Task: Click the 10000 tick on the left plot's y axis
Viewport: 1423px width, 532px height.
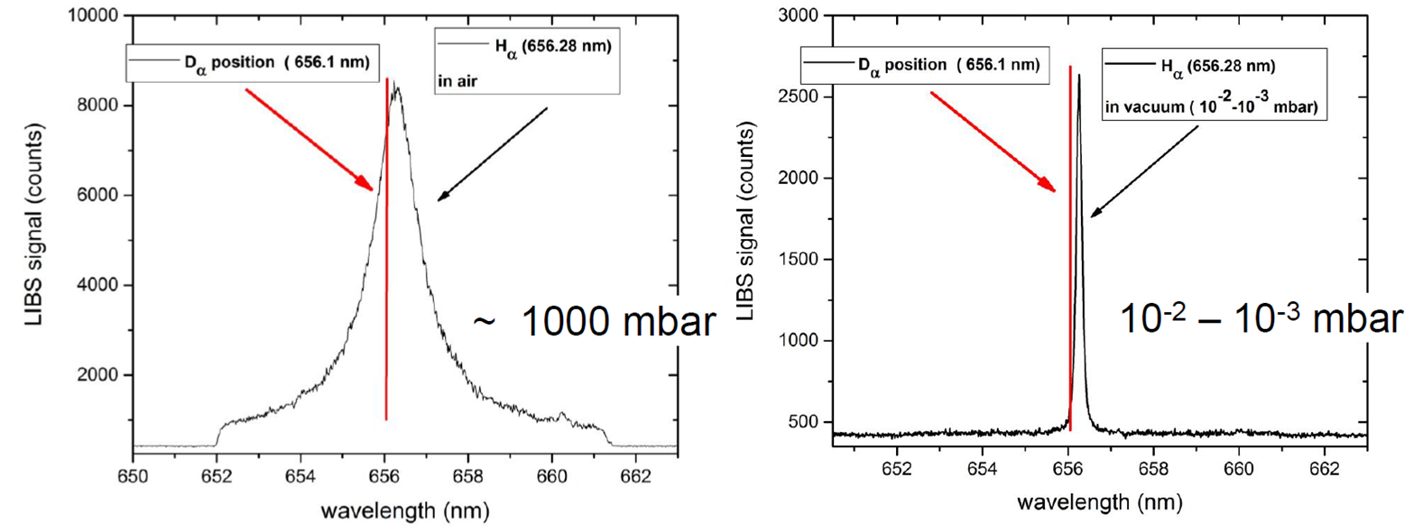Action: (x=93, y=15)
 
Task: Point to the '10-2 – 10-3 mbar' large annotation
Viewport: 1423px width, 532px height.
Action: (x=1261, y=319)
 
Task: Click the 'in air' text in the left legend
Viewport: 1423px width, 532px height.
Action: (x=457, y=81)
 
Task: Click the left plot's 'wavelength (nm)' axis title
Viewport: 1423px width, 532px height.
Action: (x=404, y=511)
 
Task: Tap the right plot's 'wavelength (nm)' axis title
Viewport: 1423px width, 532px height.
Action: (x=1099, y=501)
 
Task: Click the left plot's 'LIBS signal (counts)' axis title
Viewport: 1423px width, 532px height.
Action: (x=33, y=225)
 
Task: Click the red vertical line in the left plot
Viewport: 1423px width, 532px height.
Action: (x=386, y=271)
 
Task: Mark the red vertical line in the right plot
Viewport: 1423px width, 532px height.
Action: (x=1070, y=271)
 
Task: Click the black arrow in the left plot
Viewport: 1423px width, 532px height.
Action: (x=493, y=154)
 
